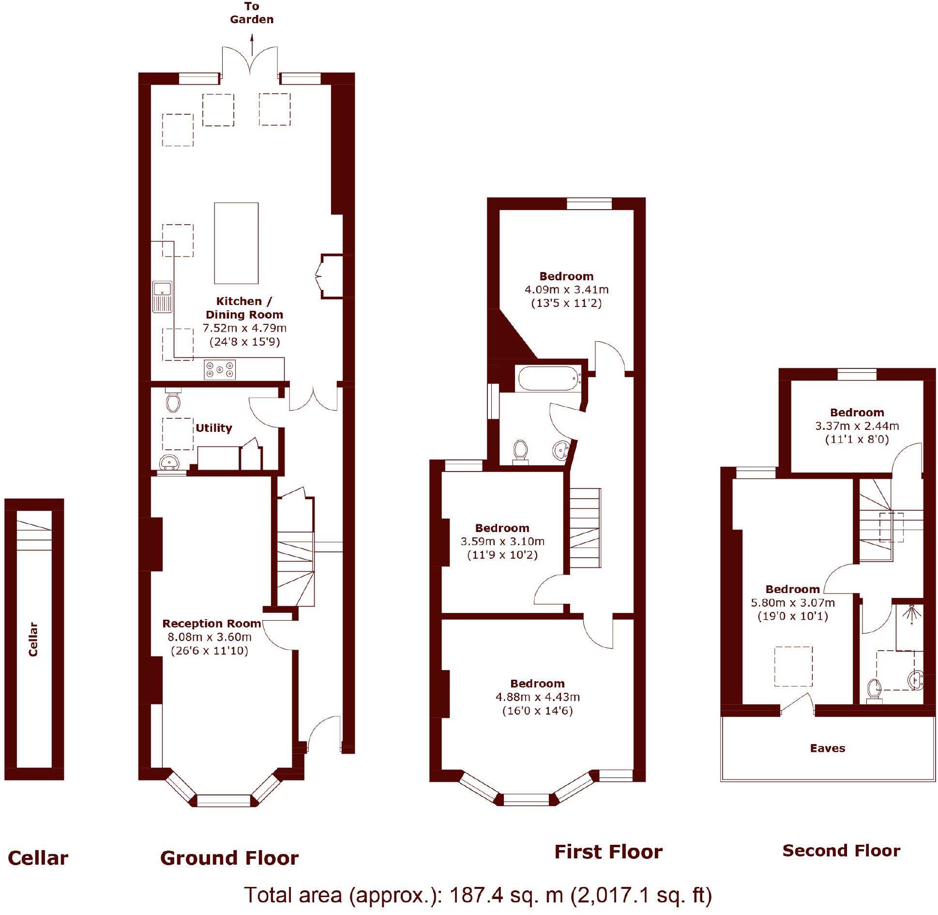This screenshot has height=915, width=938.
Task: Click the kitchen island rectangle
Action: (236, 243)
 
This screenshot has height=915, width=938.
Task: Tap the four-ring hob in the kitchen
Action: (219, 370)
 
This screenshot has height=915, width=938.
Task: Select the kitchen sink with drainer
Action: (162, 296)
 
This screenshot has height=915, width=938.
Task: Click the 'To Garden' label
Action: (252, 13)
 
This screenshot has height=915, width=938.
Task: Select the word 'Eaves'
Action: (827, 748)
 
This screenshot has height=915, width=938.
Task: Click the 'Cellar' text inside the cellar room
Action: (33, 639)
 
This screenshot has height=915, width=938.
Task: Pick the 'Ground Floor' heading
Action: (229, 858)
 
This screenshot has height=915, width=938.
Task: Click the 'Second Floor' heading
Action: (841, 851)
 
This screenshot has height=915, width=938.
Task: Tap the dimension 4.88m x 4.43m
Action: (537, 697)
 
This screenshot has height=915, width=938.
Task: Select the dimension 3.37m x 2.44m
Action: (857, 426)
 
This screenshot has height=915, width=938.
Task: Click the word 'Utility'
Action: (213, 428)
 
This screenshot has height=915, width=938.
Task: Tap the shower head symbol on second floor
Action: (912, 612)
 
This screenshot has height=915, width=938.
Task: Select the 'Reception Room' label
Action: (212, 624)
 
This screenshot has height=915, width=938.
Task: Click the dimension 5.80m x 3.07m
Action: (792, 603)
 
